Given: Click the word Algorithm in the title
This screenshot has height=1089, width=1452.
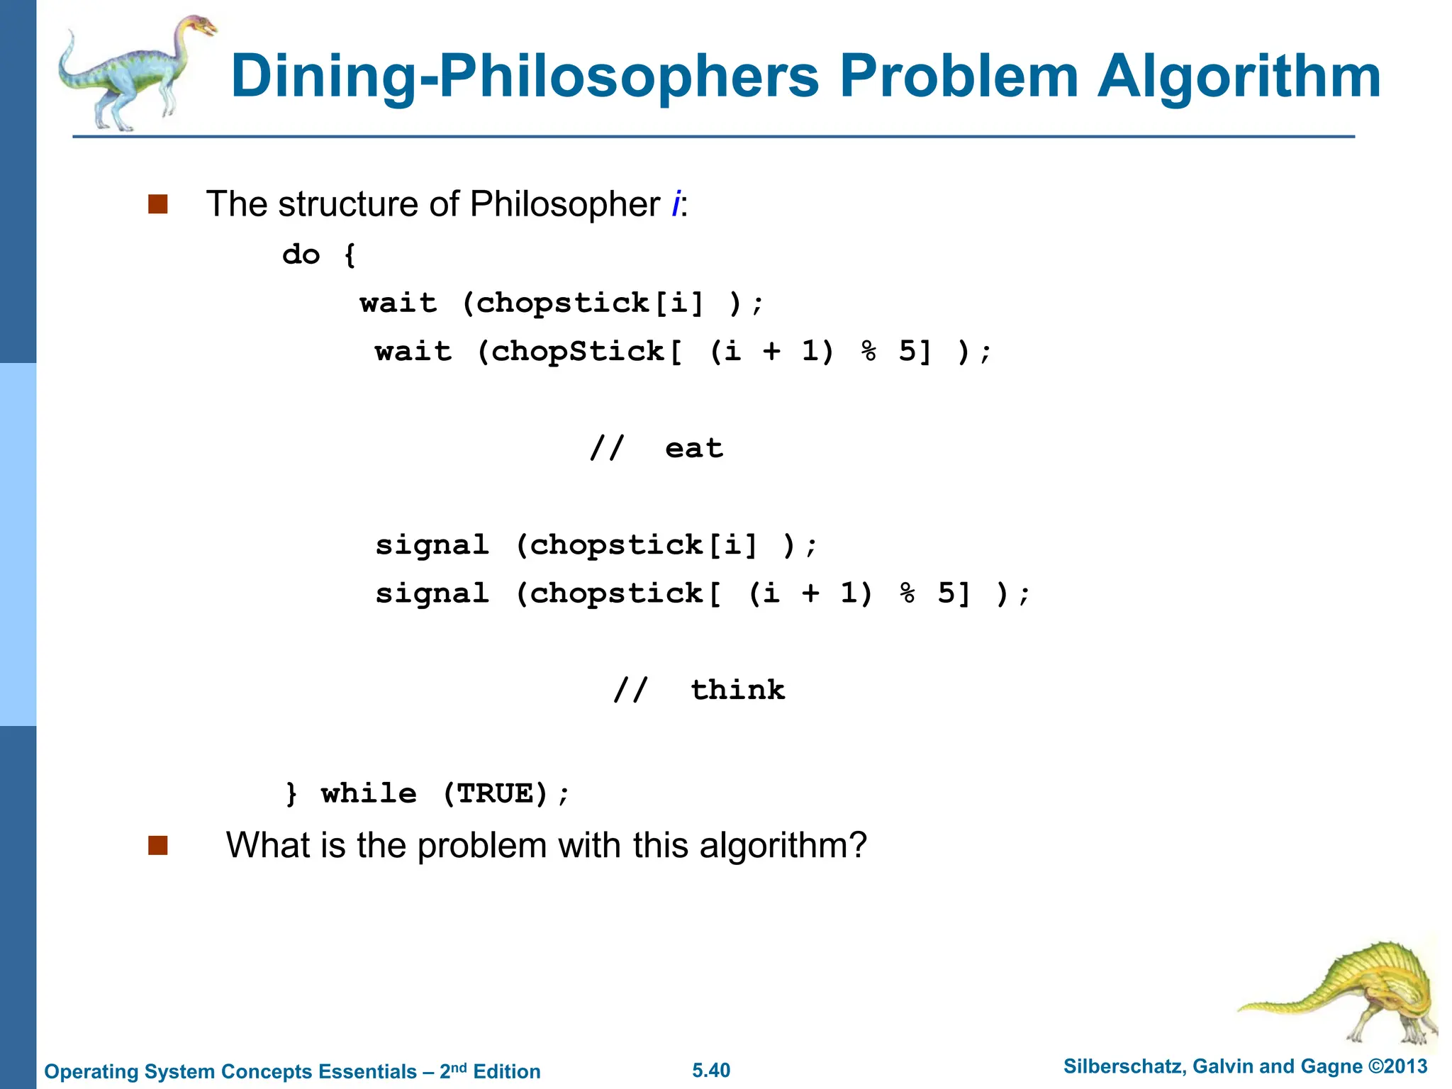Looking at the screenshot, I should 1239,77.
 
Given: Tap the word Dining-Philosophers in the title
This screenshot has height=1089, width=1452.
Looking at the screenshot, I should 525,77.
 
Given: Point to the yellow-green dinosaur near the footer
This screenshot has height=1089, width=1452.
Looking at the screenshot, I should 1347,993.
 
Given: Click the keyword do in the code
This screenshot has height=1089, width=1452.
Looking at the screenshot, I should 301,255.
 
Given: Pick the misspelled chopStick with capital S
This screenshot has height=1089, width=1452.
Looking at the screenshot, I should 578,352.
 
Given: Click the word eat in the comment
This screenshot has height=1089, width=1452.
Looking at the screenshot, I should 694,449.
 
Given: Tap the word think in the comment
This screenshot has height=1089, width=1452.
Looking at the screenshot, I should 738,690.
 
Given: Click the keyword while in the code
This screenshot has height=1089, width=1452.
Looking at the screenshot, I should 369,793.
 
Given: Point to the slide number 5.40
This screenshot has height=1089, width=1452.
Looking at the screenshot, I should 711,1071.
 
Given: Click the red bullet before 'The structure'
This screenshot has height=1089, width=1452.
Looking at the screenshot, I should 158,204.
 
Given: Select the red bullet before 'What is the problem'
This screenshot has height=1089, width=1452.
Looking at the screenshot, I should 158,845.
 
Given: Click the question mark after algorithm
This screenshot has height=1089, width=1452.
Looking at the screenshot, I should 858,845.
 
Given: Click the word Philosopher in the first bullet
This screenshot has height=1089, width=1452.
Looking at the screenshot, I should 565,205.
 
